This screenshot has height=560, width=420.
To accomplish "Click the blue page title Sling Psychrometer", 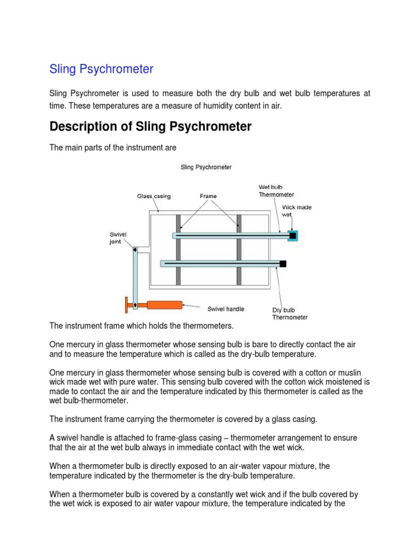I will click(x=101, y=69).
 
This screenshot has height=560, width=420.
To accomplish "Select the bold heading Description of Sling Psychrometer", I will click(x=150, y=127).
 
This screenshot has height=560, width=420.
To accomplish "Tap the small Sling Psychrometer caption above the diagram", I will click(x=206, y=167).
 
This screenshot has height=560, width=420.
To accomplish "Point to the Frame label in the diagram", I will click(x=208, y=196).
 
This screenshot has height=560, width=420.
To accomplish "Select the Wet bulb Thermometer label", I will click(x=276, y=191).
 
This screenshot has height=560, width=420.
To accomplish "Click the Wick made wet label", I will click(x=296, y=211).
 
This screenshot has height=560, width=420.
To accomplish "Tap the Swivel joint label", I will click(x=119, y=238).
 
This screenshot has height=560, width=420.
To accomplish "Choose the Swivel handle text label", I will click(x=226, y=309).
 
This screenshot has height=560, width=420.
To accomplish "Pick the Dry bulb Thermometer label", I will click(x=289, y=313).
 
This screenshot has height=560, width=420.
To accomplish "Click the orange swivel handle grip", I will click(x=164, y=305).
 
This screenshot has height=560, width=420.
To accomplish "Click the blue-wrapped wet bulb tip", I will click(x=293, y=236).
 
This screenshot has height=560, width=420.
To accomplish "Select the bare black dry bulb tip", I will click(x=283, y=264).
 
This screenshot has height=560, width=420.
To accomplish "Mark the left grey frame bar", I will click(x=178, y=249).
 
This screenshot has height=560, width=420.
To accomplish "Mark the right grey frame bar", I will click(x=239, y=249).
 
